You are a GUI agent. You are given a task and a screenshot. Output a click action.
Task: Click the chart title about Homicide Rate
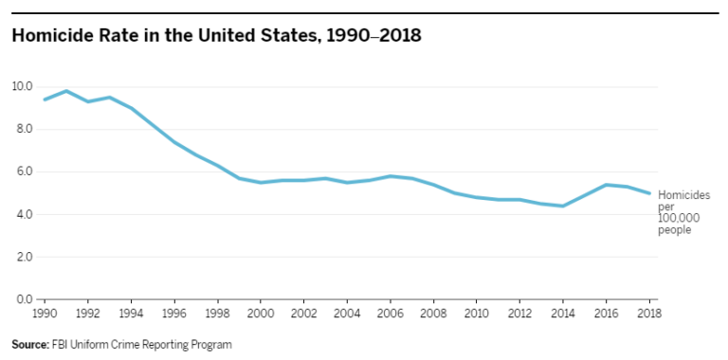pos(216,36)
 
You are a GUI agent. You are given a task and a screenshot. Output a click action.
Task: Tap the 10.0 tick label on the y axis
pos(23,86)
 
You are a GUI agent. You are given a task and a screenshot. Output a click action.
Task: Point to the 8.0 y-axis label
pos(23,129)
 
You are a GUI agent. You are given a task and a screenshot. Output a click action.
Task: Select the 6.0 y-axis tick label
pos(23,171)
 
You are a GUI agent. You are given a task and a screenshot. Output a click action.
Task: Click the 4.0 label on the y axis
pos(23,214)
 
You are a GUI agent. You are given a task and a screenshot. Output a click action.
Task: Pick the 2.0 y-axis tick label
pos(23,257)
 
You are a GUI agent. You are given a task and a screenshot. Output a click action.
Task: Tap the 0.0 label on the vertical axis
pos(23,299)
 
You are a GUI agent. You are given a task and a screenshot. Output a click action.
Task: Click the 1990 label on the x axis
pos(44,313)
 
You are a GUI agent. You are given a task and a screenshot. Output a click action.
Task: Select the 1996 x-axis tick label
pos(174,313)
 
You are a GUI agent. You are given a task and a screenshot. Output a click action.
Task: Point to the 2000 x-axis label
pos(261,313)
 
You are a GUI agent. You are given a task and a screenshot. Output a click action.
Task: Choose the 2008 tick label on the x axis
pos(434,313)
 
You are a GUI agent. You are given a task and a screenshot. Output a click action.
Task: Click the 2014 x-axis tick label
pos(563,313)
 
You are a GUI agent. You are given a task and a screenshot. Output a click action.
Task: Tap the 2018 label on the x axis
pos(649,313)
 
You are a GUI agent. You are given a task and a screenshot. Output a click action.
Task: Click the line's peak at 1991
pos(65,91)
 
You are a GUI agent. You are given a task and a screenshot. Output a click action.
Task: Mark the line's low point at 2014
pos(563,206)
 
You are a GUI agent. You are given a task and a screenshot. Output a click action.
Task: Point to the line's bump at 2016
pos(607,185)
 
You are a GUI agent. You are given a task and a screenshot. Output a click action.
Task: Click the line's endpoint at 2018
pos(649,193)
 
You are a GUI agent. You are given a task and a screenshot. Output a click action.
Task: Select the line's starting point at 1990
pos(44,99)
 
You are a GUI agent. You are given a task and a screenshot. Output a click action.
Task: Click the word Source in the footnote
pos(30,344)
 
